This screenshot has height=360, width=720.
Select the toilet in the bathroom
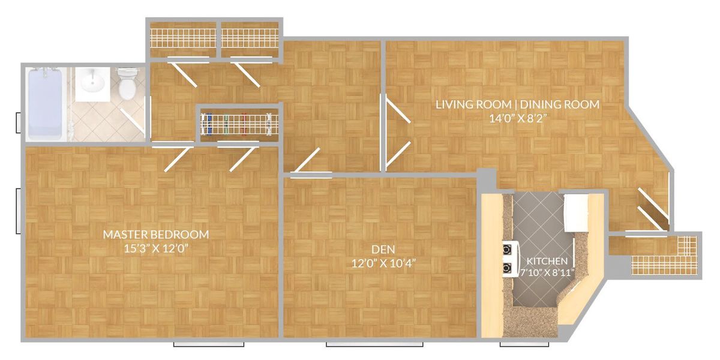(127, 84)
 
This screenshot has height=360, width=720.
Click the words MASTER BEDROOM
(155, 234)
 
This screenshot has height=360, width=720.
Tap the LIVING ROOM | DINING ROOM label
(517, 104)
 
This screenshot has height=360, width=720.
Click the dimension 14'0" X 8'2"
(517, 118)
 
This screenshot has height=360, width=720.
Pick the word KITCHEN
(547, 262)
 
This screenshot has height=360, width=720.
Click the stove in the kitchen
(509, 257)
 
